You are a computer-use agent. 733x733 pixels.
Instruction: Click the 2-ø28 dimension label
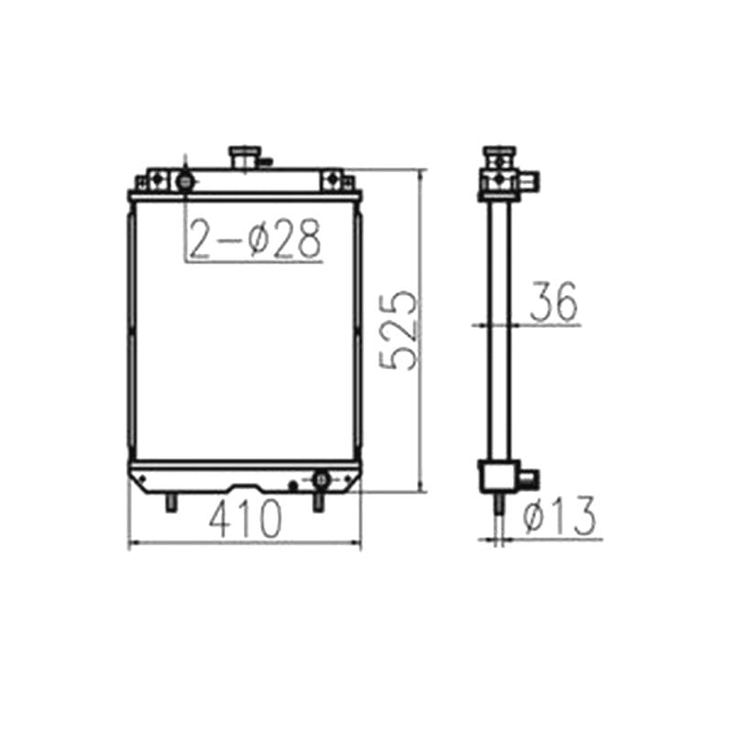click(x=256, y=239)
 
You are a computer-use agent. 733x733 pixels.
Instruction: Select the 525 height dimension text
click(x=400, y=331)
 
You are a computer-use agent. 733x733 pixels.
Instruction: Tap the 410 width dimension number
click(x=245, y=521)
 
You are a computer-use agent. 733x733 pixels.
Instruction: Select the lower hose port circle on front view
click(x=322, y=479)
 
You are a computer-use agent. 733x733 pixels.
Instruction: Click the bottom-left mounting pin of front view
click(x=170, y=502)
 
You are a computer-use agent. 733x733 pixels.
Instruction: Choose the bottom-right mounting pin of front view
click(x=319, y=502)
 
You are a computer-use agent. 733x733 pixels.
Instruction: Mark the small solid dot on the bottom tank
click(x=293, y=485)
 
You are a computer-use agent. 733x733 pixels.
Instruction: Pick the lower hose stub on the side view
click(x=529, y=478)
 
